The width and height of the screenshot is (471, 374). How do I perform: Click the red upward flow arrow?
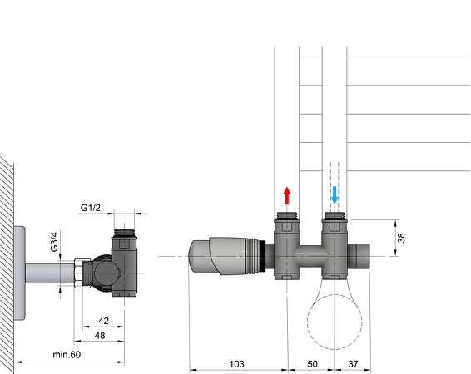[x=287, y=196]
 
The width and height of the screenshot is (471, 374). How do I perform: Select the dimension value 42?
[x=104, y=321]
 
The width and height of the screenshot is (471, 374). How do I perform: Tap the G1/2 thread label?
[x=92, y=207]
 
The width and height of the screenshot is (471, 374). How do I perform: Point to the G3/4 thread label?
[x=54, y=241]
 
